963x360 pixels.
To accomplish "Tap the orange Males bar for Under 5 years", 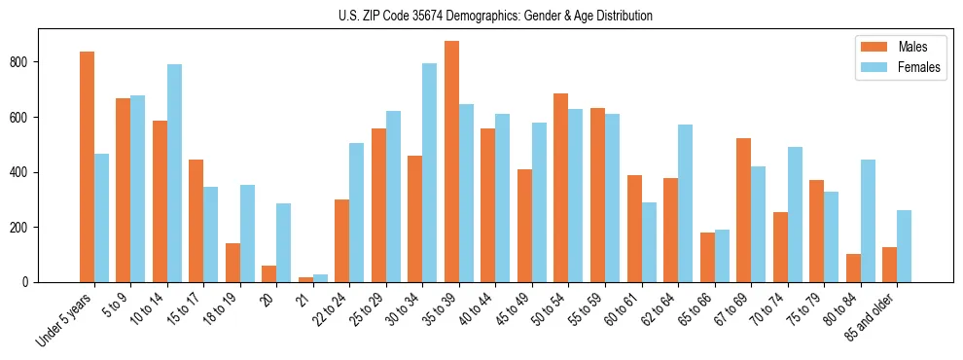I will [x=87, y=166].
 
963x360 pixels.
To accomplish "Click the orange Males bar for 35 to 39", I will [x=451, y=162].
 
